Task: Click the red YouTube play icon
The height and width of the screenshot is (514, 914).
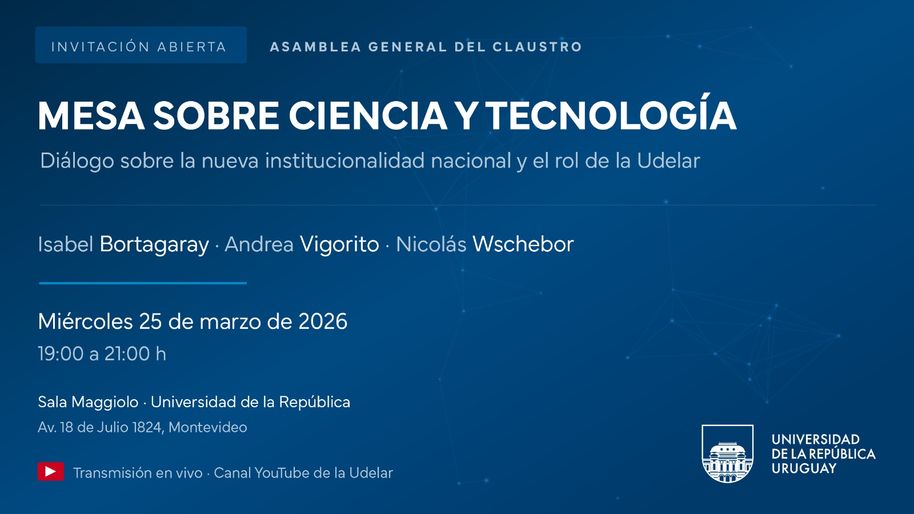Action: (51, 472)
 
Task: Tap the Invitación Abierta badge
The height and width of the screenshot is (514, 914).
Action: (141, 45)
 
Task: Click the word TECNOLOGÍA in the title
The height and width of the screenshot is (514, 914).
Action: (611, 116)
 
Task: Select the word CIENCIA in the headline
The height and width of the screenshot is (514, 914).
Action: (368, 116)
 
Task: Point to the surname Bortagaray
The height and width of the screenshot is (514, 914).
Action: (154, 244)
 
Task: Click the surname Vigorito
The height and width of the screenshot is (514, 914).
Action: (339, 244)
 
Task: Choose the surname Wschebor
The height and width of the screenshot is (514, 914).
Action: (523, 244)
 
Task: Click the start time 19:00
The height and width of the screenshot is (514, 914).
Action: (61, 354)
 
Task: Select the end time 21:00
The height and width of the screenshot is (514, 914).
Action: (127, 354)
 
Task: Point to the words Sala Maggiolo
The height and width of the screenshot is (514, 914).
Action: (88, 402)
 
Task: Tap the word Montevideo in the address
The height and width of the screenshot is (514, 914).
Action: (208, 427)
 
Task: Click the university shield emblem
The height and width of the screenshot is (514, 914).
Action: (727, 453)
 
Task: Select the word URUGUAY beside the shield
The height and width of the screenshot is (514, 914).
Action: (804, 468)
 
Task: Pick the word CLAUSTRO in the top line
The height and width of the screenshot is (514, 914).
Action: (537, 47)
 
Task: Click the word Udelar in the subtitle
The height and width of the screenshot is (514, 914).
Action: (668, 161)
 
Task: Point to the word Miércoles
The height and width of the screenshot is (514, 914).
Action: (85, 322)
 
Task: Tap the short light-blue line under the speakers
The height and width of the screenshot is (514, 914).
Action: (143, 283)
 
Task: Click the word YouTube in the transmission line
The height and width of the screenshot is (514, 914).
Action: (281, 473)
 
